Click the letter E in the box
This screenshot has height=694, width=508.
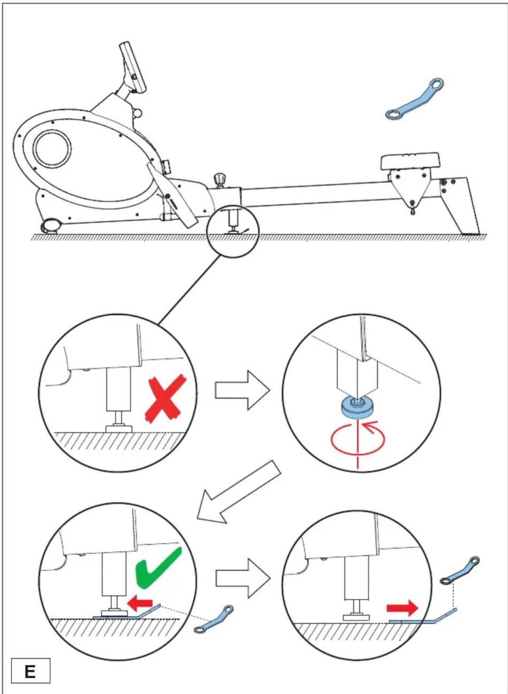[x=30, y=671]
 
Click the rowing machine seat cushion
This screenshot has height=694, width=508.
[x=410, y=161]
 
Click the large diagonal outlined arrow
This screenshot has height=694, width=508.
[x=238, y=492]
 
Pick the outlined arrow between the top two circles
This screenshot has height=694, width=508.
[x=242, y=390]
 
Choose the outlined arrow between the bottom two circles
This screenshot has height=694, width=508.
[x=242, y=578]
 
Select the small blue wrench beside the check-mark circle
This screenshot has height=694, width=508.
[x=213, y=619]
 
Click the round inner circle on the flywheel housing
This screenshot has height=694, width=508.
[x=52, y=148]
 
